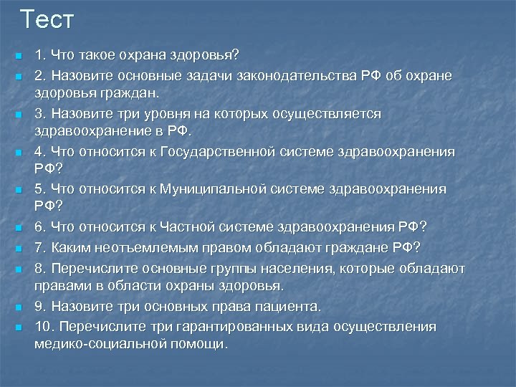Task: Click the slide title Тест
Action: pyautogui.click(x=47, y=19)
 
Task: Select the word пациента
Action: pyautogui.click(x=288, y=306)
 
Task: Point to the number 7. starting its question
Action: pyautogui.click(x=40, y=247)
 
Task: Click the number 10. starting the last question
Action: pyautogui.click(x=45, y=326)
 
